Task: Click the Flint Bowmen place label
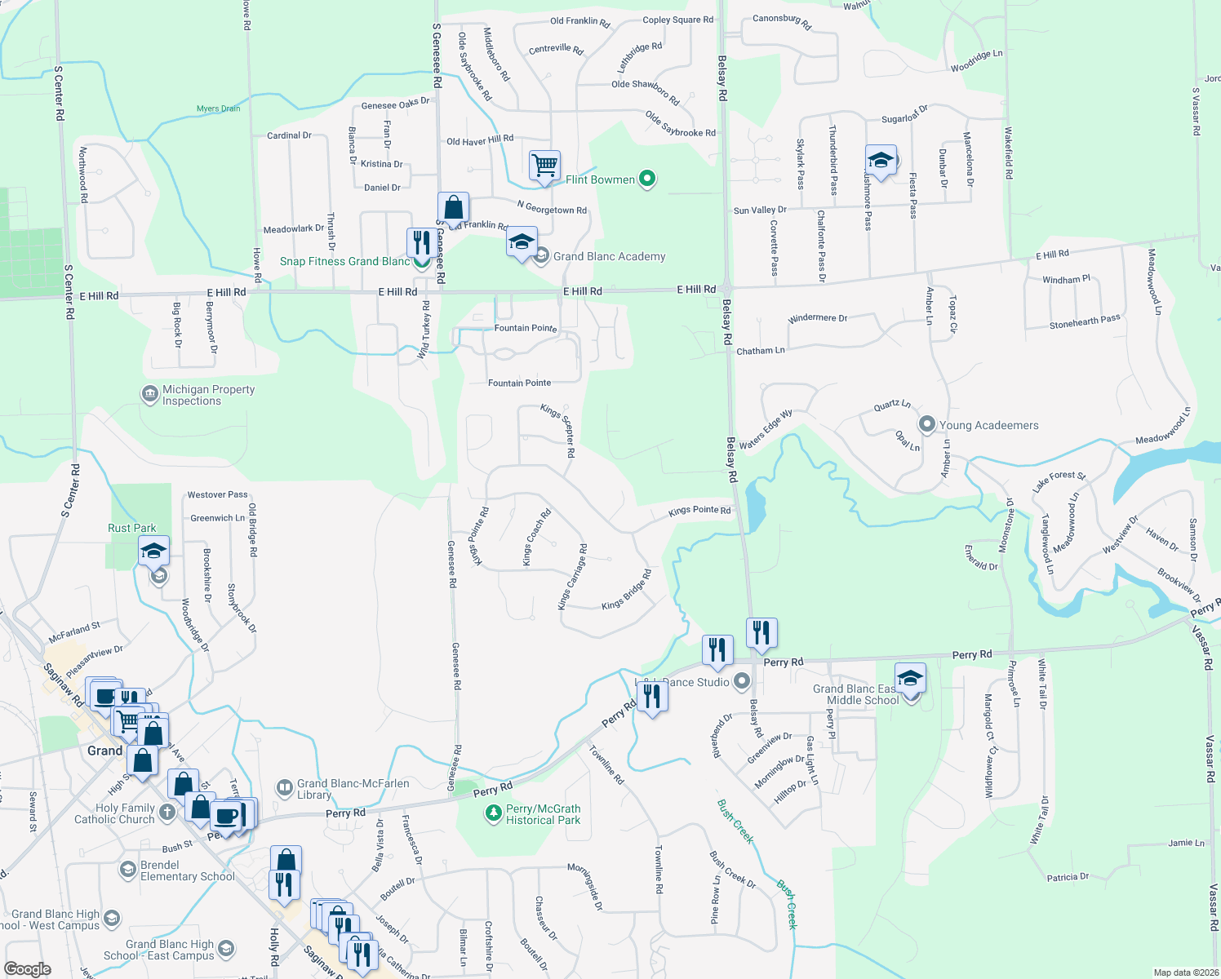pyautogui.click(x=600, y=179)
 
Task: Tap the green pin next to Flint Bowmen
pyautogui.click(x=647, y=179)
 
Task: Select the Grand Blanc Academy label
pyautogui.click(x=609, y=256)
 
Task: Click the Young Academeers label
pyautogui.click(x=988, y=425)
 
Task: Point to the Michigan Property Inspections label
pyautogui.click(x=208, y=395)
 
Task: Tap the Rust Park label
pyautogui.click(x=131, y=528)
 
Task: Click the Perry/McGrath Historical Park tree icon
pyautogui.click(x=493, y=813)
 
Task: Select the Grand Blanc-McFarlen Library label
pyautogui.click(x=353, y=789)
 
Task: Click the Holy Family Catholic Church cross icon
pyautogui.click(x=166, y=812)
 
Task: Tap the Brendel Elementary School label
pyautogui.click(x=187, y=870)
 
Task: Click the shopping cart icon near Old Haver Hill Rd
pyautogui.click(x=544, y=165)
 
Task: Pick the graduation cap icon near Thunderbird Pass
pyautogui.click(x=881, y=160)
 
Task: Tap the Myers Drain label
pyautogui.click(x=218, y=109)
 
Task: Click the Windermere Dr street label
pyautogui.click(x=817, y=318)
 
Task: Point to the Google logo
pyautogui.click(x=27, y=969)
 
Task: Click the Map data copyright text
pyautogui.click(x=1186, y=972)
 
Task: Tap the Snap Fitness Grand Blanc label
pyautogui.click(x=344, y=261)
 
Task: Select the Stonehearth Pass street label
pyautogui.click(x=1085, y=322)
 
